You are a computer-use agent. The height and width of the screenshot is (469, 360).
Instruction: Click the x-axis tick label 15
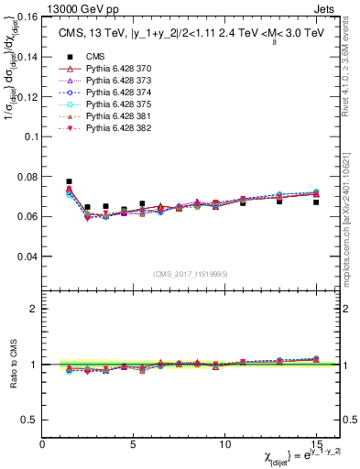(x=316, y=443)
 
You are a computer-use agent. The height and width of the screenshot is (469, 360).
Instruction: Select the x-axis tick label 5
(x=134, y=443)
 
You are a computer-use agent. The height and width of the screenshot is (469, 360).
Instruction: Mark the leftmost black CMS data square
(x=70, y=182)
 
